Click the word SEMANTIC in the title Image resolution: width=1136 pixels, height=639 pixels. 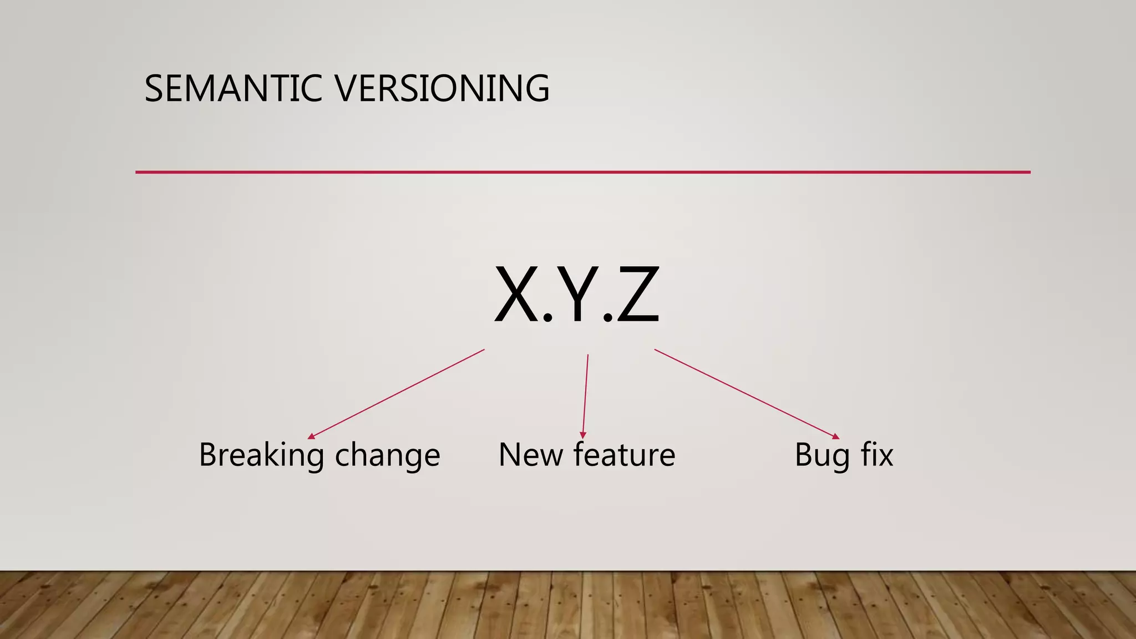pos(233,89)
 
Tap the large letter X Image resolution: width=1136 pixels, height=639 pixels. pos(516,295)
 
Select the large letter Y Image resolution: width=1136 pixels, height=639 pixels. pos(577,295)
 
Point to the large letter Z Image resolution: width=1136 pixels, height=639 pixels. pos(638,295)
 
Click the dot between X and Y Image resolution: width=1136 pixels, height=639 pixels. pos(547,317)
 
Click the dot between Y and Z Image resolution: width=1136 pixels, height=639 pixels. pos(608,317)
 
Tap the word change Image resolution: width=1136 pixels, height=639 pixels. pos(387,455)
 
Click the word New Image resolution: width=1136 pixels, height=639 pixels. pos(530,454)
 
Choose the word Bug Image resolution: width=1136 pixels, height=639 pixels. pos(822,455)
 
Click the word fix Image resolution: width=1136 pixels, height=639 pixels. pos(877,454)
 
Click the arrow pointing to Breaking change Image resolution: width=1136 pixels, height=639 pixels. pos(396,394)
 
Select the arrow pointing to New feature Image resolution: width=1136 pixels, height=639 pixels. pos(585,395)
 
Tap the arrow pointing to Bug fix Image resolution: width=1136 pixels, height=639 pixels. pos(746,393)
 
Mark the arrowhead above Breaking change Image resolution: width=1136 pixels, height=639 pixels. pos(311,437)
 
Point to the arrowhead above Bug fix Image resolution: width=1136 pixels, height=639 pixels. pos(836,437)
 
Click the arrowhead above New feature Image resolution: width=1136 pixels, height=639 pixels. pos(582,435)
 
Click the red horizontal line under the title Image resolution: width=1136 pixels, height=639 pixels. pos(582,173)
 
